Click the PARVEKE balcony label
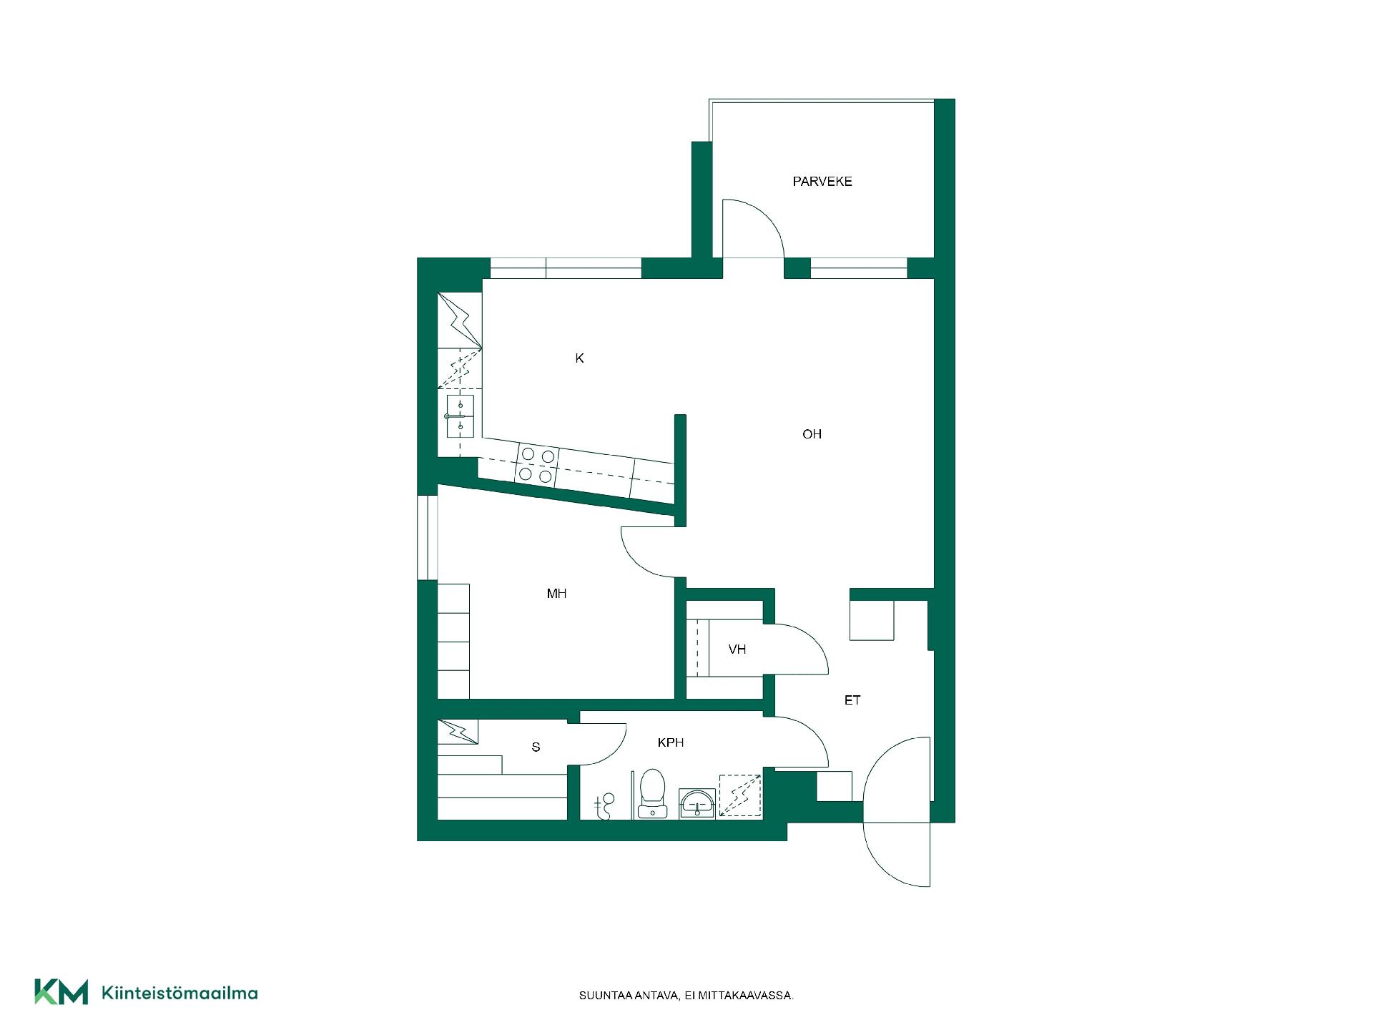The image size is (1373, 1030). [x=822, y=182]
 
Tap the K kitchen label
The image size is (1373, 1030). [x=579, y=358]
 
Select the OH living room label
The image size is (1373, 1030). [x=812, y=434]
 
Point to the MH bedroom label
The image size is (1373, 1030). [x=556, y=594]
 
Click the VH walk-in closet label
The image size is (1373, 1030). [x=737, y=649]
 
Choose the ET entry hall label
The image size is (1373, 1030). [x=852, y=700]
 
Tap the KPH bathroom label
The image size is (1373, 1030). [x=671, y=743]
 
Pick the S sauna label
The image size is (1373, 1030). [x=536, y=747]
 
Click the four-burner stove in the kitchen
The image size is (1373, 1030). [x=538, y=465]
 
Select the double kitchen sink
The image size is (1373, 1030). [x=460, y=416]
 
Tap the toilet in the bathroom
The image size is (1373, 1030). [x=652, y=793]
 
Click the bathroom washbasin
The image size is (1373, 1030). [x=697, y=804]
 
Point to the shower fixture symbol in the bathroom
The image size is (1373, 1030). [x=605, y=806]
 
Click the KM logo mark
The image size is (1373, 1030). [x=61, y=992]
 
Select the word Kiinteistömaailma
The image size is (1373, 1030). [x=180, y=993]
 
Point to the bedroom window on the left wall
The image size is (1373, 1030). [x=428, y=537]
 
